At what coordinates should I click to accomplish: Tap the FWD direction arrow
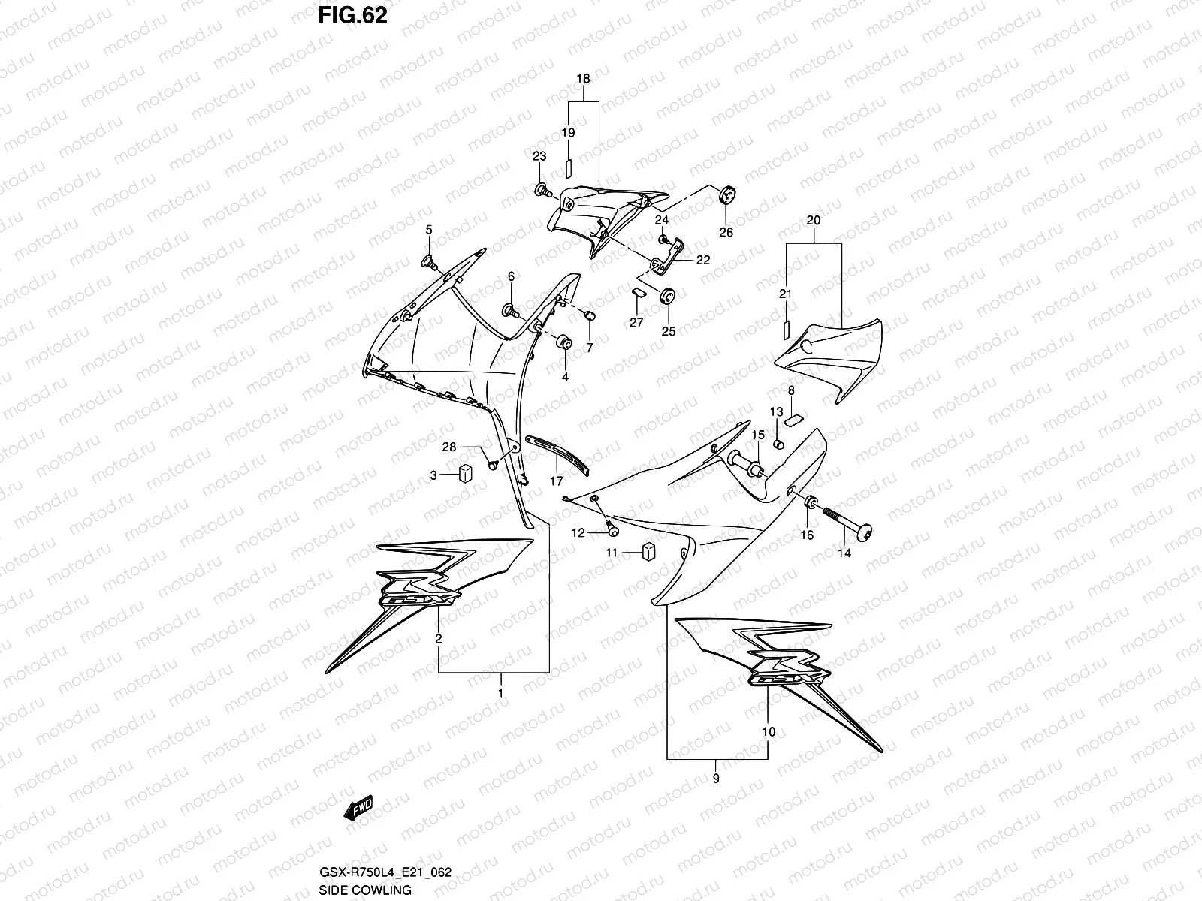(358, 809)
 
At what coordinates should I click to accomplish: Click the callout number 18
(583, 78)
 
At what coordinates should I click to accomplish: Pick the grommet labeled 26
(726, 195)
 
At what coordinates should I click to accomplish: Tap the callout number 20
(814, 221)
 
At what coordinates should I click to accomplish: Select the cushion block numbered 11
(648, 552)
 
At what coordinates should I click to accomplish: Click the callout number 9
(715, 779)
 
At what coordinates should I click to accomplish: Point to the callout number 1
(500, 692)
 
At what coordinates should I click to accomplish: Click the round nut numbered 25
(667, 295)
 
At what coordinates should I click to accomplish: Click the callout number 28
(448, 447)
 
